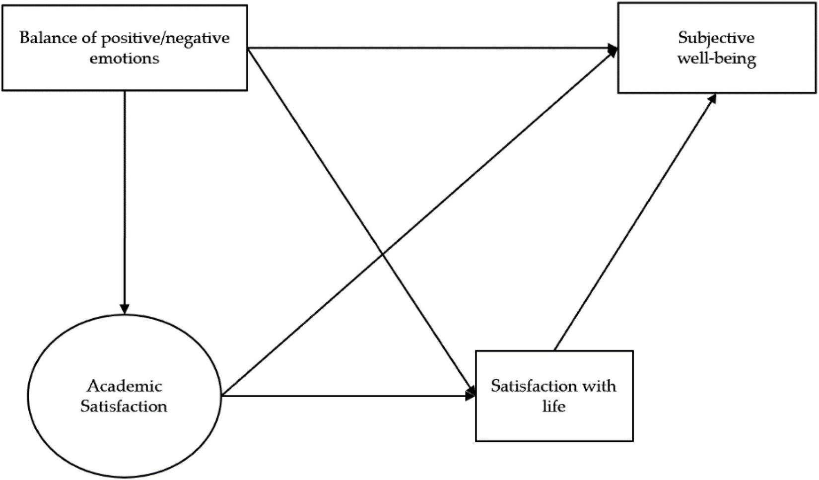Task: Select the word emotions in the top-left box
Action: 124,58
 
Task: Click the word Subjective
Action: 716,38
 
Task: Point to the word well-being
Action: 716,59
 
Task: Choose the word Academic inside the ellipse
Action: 124,386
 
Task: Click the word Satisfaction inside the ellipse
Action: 124,407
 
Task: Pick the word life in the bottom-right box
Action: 553,407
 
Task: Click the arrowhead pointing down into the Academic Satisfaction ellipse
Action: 125,309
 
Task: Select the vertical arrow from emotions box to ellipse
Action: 125,199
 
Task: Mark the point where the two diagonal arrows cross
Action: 383,255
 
